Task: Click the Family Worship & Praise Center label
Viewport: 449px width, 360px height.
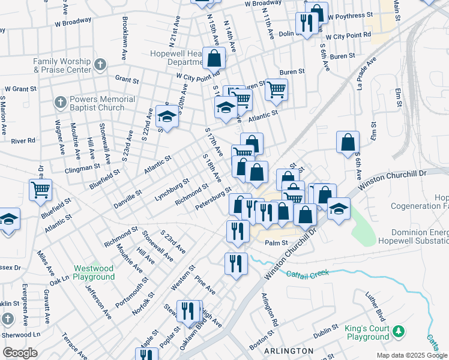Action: click(62, 65)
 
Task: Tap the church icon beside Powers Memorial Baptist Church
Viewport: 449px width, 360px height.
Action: click(59, 103)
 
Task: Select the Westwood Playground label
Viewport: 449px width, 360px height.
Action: click(94, 272)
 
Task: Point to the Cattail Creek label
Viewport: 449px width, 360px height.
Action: click(307, 274)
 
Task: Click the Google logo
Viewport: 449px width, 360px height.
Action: click(20, 353)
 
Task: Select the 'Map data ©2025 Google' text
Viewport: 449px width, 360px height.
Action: click(411, 355)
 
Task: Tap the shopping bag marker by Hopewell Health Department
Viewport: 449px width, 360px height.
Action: click(214, 58)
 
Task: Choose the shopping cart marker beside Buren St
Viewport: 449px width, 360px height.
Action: click(276, 89)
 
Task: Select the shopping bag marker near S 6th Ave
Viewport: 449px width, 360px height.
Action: click(348, 142)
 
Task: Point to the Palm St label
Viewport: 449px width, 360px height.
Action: click(277, 243)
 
